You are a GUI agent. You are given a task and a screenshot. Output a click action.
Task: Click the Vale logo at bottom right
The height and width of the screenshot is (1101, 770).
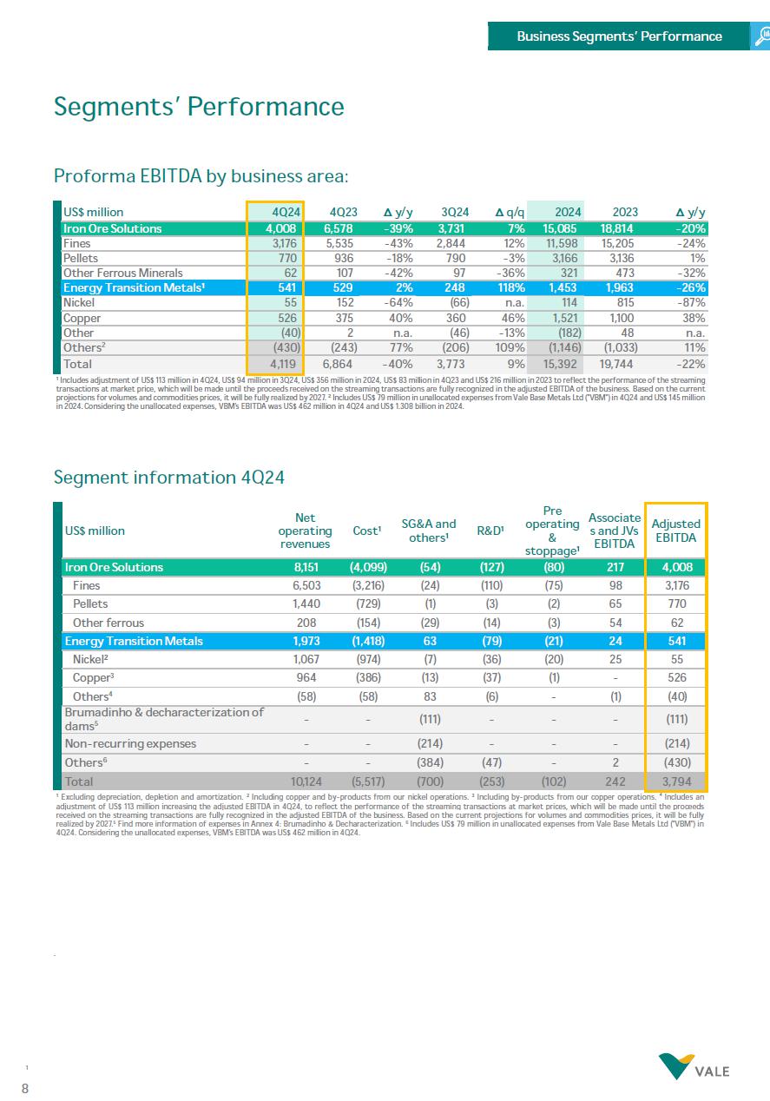(694, 1066)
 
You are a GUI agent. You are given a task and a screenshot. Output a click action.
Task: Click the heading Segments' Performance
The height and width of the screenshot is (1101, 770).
(199, 107)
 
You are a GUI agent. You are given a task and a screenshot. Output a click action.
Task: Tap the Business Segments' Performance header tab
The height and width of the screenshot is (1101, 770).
(619, 36)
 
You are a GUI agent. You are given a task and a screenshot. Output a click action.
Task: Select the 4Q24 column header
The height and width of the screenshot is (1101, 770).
(286, 212)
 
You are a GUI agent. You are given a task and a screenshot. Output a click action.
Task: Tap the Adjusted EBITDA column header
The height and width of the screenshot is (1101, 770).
(675, 531)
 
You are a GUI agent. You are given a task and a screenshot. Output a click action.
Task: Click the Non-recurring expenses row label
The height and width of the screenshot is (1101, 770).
(130, 743)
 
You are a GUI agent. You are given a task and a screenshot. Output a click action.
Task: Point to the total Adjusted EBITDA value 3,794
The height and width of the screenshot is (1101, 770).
(677, 781)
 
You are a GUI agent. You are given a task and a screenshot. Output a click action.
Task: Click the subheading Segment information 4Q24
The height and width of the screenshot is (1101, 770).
(169, 478)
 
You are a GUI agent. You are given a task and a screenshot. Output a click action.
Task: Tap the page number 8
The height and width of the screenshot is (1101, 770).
(25, 1087)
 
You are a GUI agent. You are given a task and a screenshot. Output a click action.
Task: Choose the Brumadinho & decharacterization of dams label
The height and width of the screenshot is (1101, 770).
(164, 718)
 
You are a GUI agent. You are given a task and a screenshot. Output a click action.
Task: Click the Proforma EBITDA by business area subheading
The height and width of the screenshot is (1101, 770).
(201, 177)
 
